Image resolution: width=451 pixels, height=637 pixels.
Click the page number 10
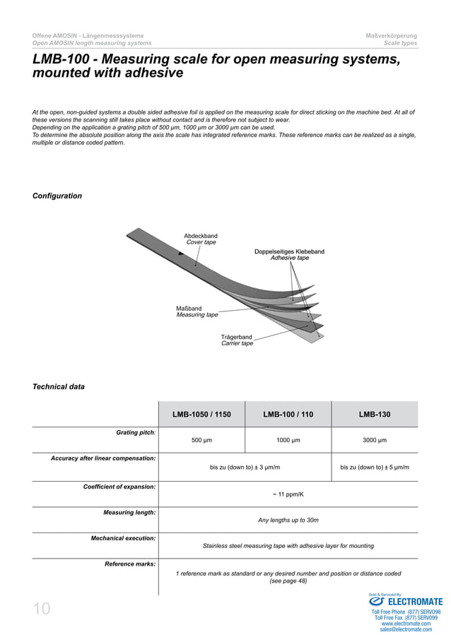tap(42, 609)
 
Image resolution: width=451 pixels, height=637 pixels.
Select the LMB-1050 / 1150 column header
tap(201, 415)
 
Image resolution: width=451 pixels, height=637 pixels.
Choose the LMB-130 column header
tap(374, 415)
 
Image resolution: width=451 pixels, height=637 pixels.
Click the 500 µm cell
tap(201, 440)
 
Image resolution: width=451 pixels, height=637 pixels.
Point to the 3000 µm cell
tap(374, 440)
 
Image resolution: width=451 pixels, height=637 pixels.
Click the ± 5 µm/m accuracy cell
tap(374, 467)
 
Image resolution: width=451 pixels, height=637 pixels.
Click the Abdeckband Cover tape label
tap(201, 239)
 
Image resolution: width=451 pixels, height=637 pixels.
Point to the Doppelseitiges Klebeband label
tap(289, 255)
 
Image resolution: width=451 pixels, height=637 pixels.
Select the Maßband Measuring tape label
tap(197, 311)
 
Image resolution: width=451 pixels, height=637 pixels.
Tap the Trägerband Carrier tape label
tap(237, 340)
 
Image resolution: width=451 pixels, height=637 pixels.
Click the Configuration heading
tap(57, 196)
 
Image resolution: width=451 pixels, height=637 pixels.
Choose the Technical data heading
tap(59, 386)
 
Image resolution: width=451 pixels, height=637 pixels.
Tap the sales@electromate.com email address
tap(406, 629)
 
